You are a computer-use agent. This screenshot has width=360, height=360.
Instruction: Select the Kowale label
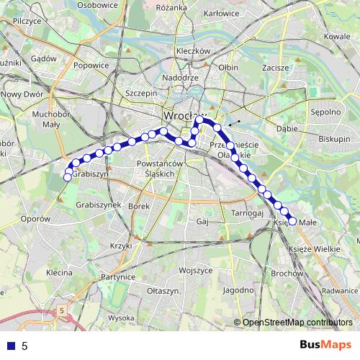pyautogui.click(x=337, y=36)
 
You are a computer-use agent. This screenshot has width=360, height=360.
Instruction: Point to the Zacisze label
pyautogui.click(x=276, y=66)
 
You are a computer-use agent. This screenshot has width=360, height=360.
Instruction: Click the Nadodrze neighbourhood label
pyautogui.click(x=180, y=78)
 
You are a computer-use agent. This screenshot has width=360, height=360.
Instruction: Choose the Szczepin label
pyautogui.click(x=141, y=93)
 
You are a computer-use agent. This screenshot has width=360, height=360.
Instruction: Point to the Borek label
pyautogui.click(x=138, y=206)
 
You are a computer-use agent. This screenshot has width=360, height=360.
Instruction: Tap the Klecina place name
pyautogui.click(x=59, y=273)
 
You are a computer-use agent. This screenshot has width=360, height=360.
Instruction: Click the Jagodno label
pyautogui.click(x=238, y=290)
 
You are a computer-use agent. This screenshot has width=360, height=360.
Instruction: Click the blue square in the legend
pyautogui.click(x=9, y=346)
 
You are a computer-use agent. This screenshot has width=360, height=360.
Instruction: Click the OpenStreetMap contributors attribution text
pyautogui.click(x=297, y=322)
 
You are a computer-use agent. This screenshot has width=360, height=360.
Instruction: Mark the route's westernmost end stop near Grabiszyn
pyautogui.click(x=68, y=177)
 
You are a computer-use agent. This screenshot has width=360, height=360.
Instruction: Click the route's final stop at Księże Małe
pyautogui.click(x=292, y=220)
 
